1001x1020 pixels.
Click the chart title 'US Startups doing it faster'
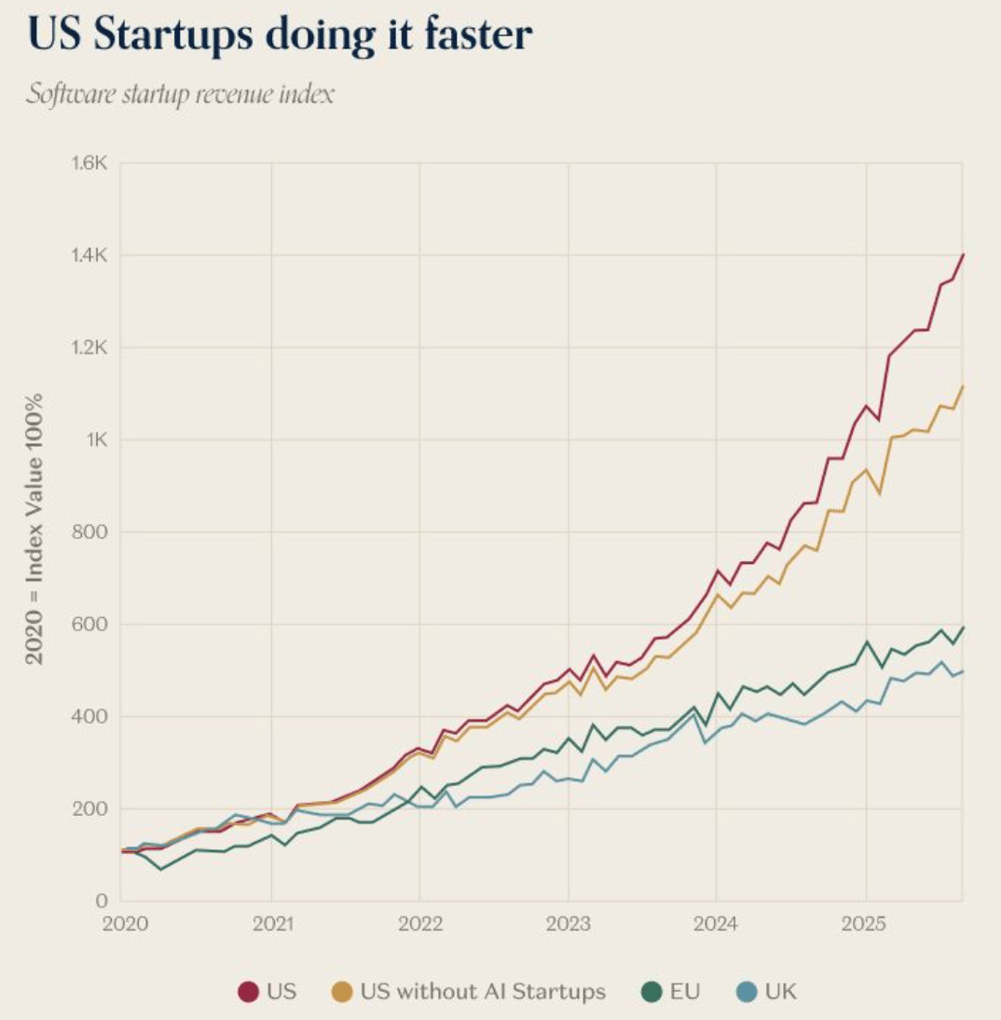pos(281,34)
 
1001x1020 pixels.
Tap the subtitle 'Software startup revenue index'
pos(179,94)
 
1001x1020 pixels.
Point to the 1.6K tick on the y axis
pos(91,164)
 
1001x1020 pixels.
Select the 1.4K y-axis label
pos(91,255)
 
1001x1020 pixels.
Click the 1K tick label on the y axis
pos(97,440)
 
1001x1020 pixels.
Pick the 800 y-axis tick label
pos(93,532)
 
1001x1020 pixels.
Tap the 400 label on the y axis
pos(93,717)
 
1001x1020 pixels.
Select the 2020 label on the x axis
pos(121,924)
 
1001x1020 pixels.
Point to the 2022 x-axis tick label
pos(419,924)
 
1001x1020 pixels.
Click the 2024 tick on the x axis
pos(717,924)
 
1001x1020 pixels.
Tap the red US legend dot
pos(248,991)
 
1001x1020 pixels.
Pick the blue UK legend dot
pos(745,991)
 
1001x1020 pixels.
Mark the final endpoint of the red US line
pos(963,255)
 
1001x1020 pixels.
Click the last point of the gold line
pos(963,386)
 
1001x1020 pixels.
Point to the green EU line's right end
pos(963,627)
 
